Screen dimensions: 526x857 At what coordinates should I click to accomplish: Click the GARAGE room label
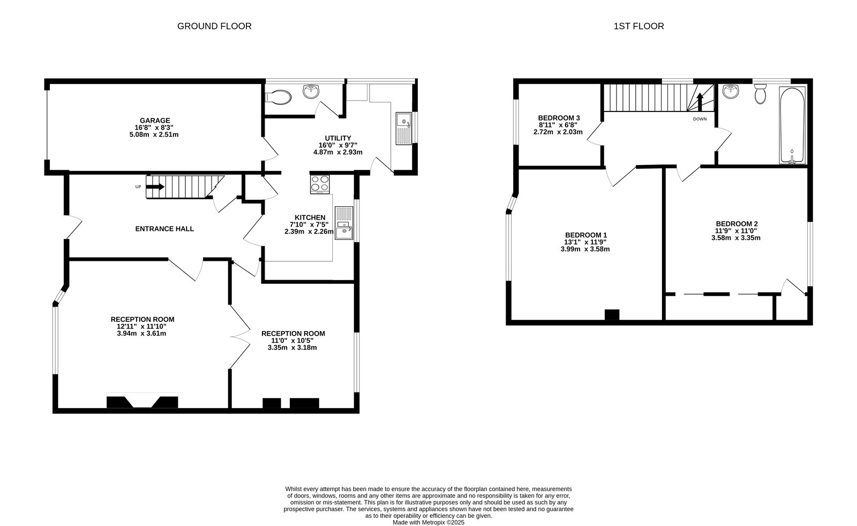coord(155,121)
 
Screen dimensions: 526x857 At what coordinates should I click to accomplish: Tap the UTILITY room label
coord(337,138)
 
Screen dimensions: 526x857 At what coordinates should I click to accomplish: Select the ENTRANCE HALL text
coord(164,229)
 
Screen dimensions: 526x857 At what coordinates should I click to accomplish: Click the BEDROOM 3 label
coord(559,118)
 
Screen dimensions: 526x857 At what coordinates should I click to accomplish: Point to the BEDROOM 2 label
coord(736,224)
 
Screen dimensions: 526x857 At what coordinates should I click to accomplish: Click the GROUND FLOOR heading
coord(214,26)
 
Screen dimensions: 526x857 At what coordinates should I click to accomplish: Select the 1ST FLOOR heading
coord(638,26)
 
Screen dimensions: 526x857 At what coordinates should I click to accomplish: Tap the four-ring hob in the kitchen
coord(320,184)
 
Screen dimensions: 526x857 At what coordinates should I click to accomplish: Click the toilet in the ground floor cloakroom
coord(279,97)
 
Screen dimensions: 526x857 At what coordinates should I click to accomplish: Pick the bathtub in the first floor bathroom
coord(792,126)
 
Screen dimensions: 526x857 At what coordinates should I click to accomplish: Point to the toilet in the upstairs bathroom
coord(760,95)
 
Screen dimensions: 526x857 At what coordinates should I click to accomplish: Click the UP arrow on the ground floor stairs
coord(155,186)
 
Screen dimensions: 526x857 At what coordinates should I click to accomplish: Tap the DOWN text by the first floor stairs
coord(700,119)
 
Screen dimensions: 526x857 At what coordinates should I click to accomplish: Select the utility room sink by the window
coord(403,129)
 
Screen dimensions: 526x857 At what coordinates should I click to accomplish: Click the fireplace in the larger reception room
coord(142,402)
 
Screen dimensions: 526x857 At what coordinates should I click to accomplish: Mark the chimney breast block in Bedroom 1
coord(612,315)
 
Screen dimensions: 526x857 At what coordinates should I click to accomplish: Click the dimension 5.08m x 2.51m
coord(154,134)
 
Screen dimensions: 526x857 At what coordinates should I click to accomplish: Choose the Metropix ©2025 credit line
coord(428,522)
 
